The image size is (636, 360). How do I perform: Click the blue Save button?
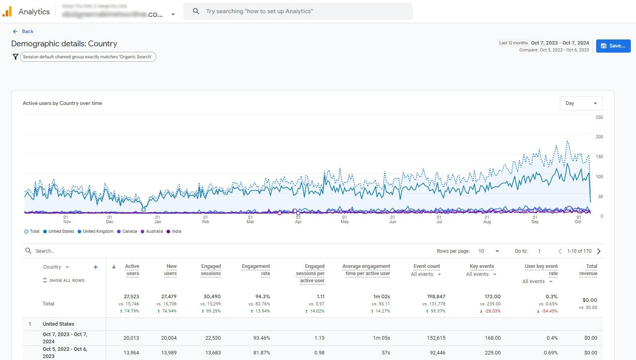(x=613, y=46)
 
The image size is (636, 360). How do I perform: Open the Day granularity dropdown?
(x=581, y=103)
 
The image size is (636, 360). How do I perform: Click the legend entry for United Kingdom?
(x=96, y=231)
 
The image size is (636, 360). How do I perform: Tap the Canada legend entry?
(x=127, y=231)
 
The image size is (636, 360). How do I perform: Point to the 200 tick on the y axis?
(x=599, y=137)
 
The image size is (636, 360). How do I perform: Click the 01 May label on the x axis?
(x=345, y=220)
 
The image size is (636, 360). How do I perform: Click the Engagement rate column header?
(x=256, y=270)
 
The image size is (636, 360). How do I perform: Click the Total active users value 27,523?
(x=132, y=297)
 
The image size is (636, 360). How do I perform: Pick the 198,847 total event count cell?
(x=436, y=297)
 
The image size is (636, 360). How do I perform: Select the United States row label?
(x=58, y=324)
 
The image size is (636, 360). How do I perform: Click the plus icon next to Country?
(x=96, y=267)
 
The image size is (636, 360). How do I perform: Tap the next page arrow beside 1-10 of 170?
(x=599, y=251)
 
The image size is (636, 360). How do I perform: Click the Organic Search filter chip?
(x=88, y=57)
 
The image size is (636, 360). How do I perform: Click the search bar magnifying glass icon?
(x=196, y=11)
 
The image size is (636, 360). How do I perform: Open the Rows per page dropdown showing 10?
(x=489, y=251)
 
